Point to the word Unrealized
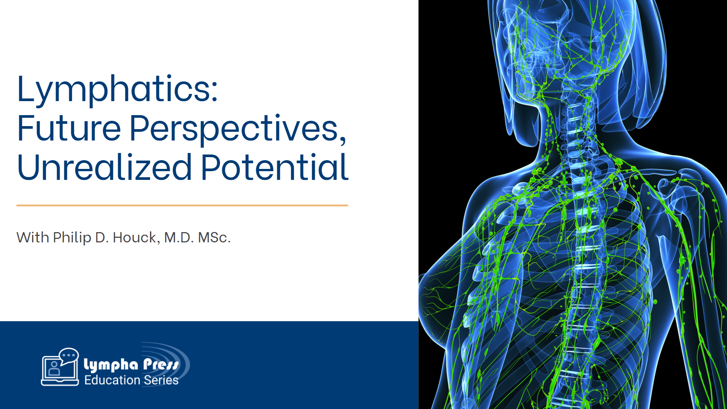point(105,167)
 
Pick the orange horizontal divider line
point(182,205)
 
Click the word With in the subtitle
point(33,238)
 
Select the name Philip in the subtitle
point(72,238)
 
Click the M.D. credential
point(179,238)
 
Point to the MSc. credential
point(214,238)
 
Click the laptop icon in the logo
point(59,371)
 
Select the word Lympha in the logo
point(111,365)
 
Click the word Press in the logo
point(161,365)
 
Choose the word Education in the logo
point(112,380)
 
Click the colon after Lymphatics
point(214,91)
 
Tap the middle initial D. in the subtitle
point(102,238)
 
